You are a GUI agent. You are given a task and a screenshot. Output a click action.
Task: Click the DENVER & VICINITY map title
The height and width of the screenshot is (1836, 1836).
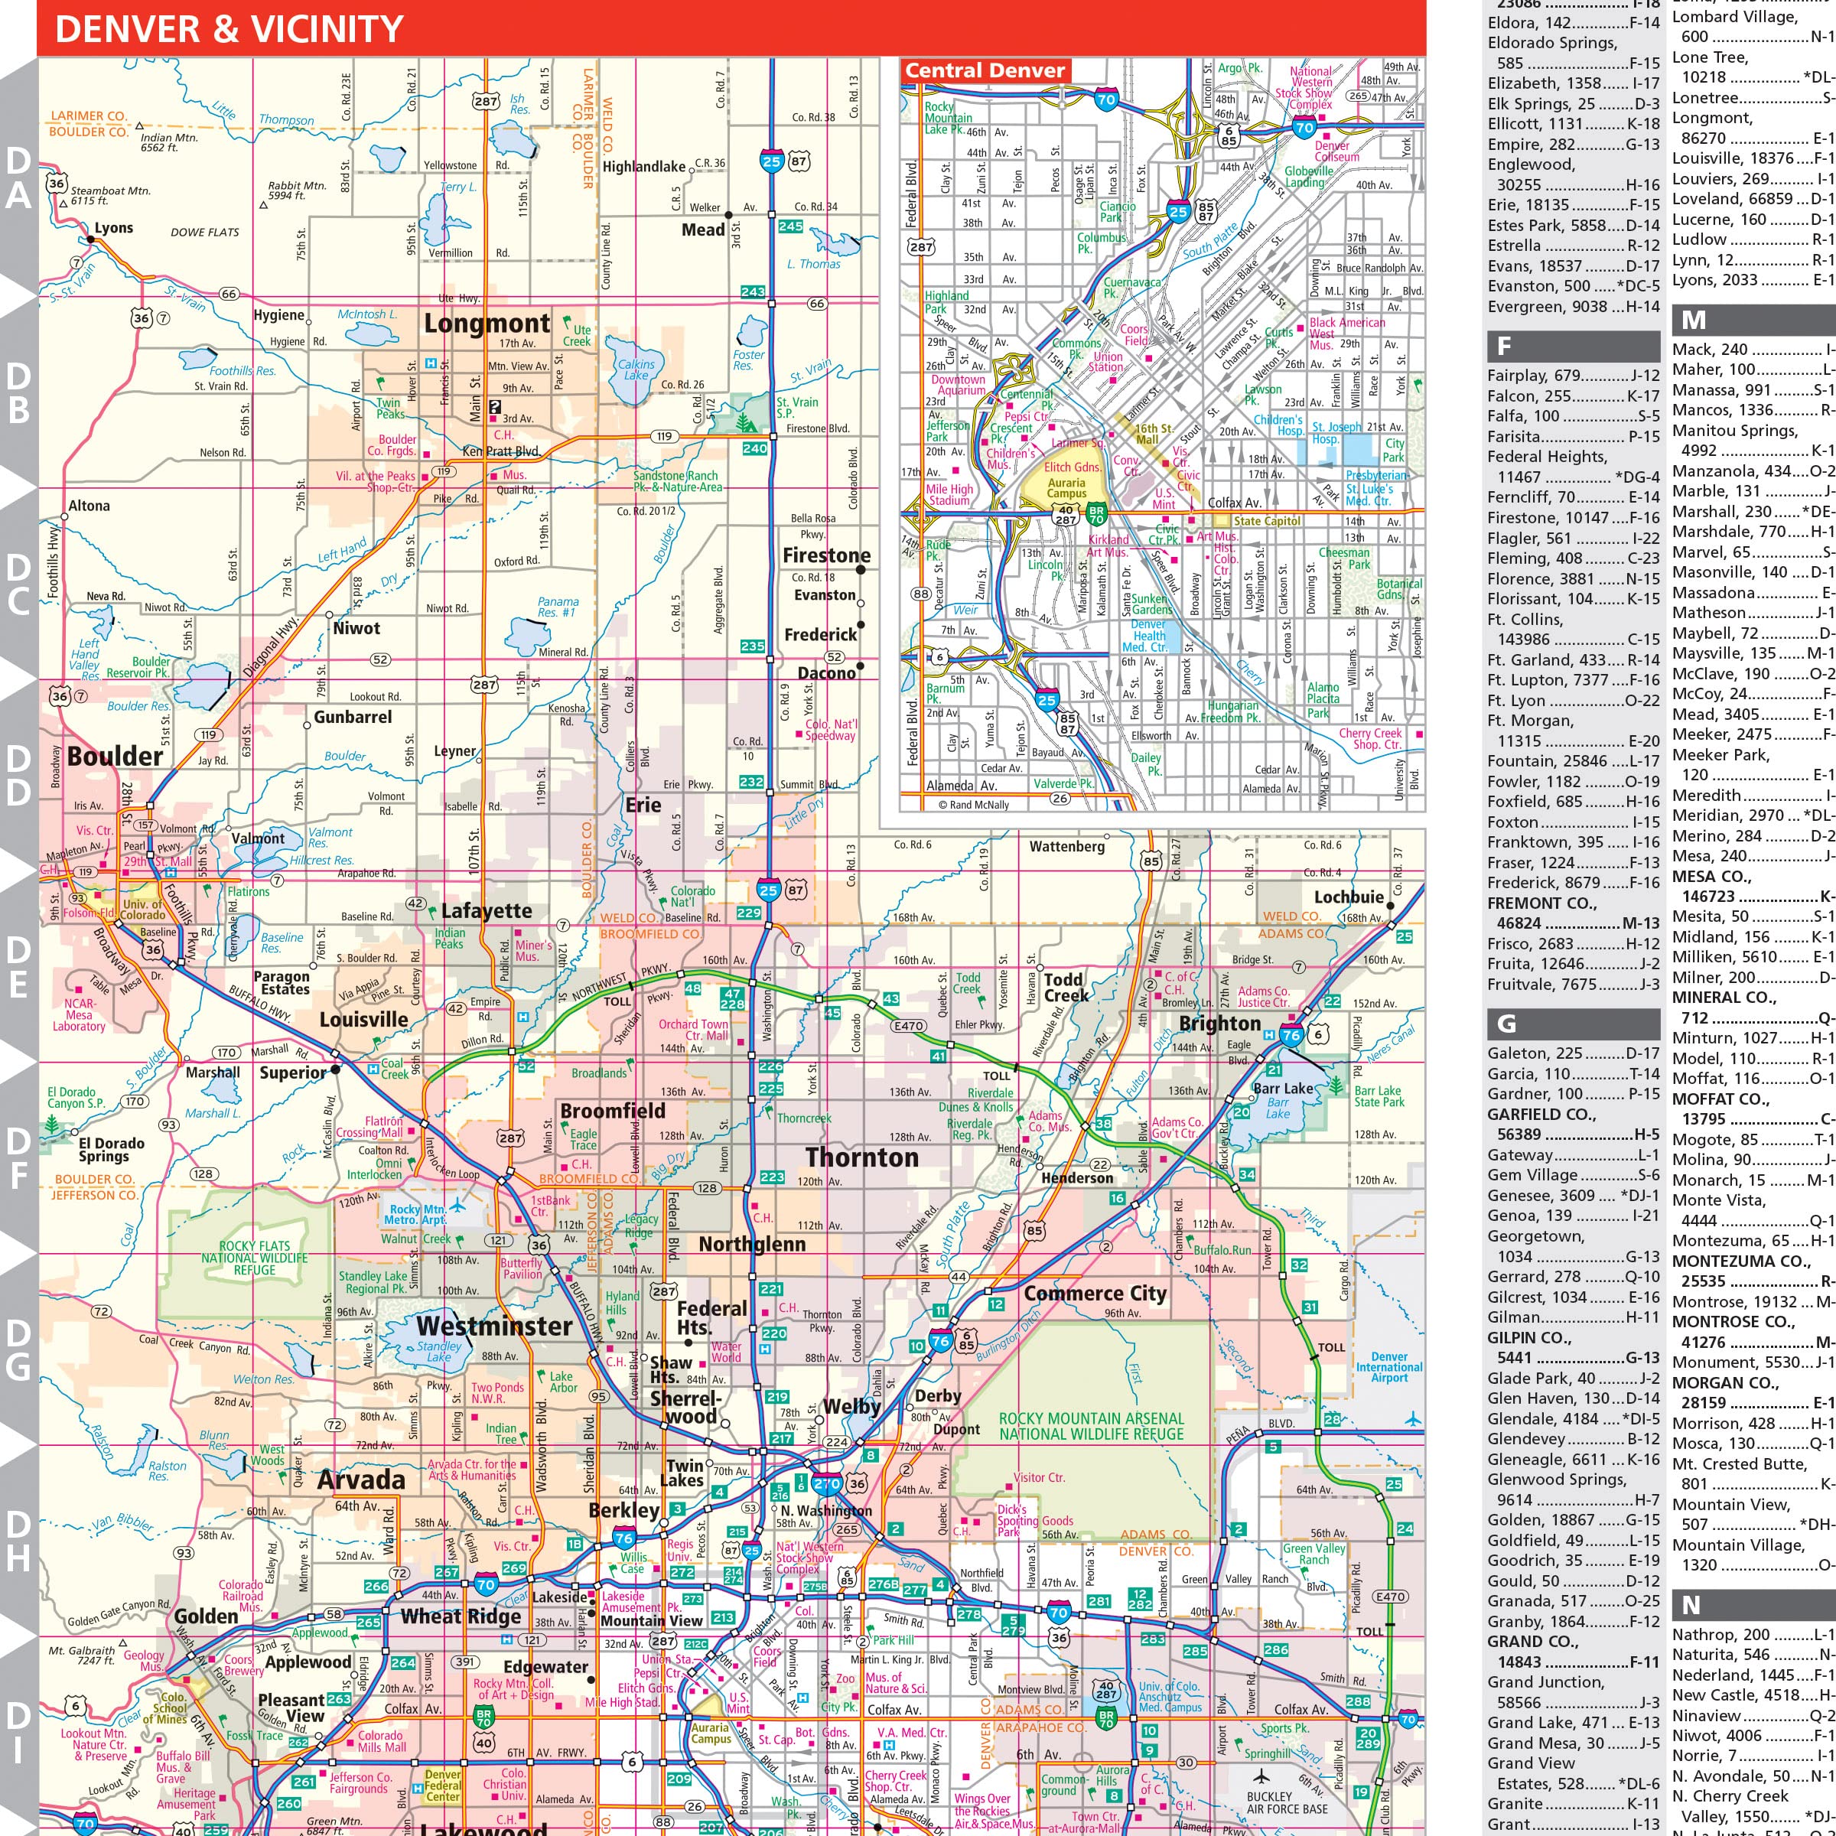click(229, 30)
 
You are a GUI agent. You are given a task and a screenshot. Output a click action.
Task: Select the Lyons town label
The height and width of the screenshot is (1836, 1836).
click(113, 228)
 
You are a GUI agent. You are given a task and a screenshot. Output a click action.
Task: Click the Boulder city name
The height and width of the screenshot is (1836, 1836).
click(115, 757)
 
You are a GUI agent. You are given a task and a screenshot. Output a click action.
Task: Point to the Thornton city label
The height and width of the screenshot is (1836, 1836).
click(862, 1157)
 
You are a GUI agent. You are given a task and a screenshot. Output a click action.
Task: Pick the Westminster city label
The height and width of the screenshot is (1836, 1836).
click(494, 1326)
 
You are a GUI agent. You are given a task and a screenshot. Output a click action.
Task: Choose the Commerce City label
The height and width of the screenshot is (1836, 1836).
click(1095, 1294)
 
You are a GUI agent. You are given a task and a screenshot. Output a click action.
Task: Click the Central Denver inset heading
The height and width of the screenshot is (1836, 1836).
click(985, 70)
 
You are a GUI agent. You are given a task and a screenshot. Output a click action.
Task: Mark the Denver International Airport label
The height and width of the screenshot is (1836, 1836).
click(1388, 1368)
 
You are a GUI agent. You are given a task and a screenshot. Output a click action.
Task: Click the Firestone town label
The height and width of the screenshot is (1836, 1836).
click(826, 556)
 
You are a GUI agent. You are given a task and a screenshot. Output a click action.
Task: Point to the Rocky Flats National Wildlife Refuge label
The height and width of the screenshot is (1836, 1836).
click(255, 1257)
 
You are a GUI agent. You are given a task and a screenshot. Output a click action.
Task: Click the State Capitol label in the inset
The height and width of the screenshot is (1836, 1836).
click(1266, 521)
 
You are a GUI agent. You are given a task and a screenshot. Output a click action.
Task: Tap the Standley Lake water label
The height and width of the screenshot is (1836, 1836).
click(439, 1351)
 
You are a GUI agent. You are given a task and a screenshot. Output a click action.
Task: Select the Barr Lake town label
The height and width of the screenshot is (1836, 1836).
click(1282, 1089)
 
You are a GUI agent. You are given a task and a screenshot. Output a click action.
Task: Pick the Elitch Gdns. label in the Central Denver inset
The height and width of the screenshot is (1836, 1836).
click(1072, 467)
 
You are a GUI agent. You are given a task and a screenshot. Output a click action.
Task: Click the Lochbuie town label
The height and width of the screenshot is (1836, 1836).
click(1349, 897)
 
